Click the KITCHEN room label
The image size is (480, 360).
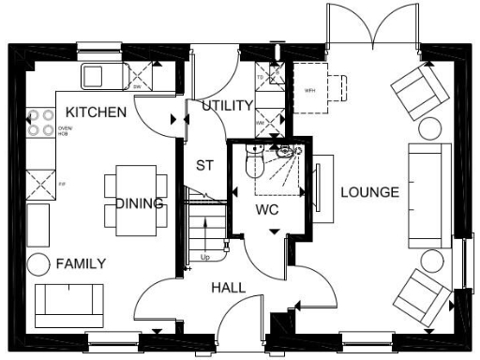(96, 112)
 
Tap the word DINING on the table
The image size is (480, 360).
(140, 203)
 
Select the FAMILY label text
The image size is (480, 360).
(80, 263)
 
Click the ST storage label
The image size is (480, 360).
(205, 166)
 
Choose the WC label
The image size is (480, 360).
(267, 210)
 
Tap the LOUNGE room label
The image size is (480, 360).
(369, 192)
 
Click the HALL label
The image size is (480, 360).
(228, 288)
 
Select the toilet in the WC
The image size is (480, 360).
(254, 165)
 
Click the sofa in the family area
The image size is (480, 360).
(69, 302)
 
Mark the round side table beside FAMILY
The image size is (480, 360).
(39, 264)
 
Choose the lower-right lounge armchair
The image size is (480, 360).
(422, 295)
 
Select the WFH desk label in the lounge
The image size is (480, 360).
(310, 91)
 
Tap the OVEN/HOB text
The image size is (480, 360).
(65, 130)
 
